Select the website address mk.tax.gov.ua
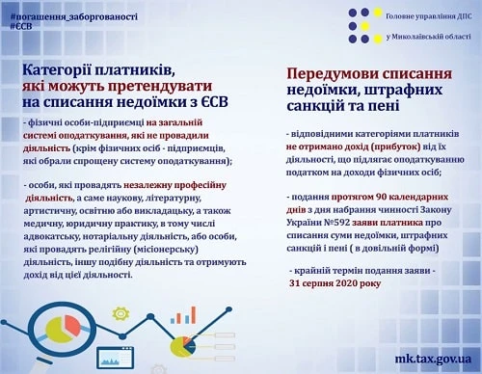point(420,356)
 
